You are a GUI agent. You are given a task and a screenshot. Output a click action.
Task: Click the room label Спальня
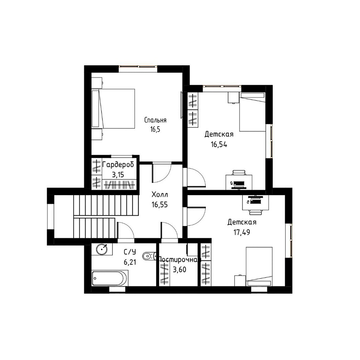pyautogui.click(x=155, y=120)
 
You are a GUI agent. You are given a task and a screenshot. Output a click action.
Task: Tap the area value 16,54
pyautogui.click(x=219, y=144)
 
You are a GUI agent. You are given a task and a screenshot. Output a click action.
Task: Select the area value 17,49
pyautogui.click(x=242, y=232)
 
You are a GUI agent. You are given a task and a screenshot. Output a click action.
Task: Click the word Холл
pyautogui.click(x=160, y=195)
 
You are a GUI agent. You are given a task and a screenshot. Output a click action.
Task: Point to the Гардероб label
pyautogui.click(x=118, y=165)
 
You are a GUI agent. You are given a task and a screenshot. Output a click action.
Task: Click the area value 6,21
pyautogui.click(x=130, y=262)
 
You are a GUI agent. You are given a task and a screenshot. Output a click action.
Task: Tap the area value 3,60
pyautogui.click(x=180, y=270)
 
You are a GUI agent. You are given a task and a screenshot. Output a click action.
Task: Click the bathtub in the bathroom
pyautogui.click(x=110, y=278)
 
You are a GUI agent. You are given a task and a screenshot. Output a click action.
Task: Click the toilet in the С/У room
pyautogui.click(x=149, y=256)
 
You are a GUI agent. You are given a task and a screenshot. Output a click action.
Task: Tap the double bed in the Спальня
pyautogui.click(x=113, y=108)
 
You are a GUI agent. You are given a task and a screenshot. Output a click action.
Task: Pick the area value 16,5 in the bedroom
pyautogui.click(x=155, y=129)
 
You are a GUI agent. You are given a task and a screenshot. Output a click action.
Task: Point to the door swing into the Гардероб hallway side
pyautogui.click(x=162, y=172)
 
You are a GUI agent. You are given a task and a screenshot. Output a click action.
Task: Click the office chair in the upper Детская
pyautogui.click(x=239, y=172)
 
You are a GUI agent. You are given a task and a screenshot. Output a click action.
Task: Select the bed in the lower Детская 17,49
pyautogui.click(x=259, y=266)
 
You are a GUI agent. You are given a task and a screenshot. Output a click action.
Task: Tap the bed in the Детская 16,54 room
pyautogui.click(x=252, y=112)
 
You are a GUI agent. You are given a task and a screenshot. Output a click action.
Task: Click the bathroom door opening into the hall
pyautogui.click(x=126, y=231)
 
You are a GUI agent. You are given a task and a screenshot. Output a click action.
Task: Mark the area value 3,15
pyautogui.click(x=118, y=175)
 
